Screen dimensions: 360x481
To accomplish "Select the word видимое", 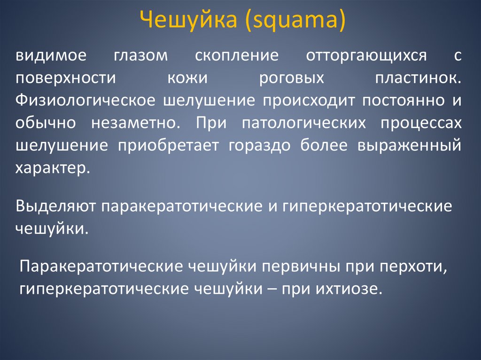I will tap(51, 56).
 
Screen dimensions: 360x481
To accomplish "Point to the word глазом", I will tap(140, 56).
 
